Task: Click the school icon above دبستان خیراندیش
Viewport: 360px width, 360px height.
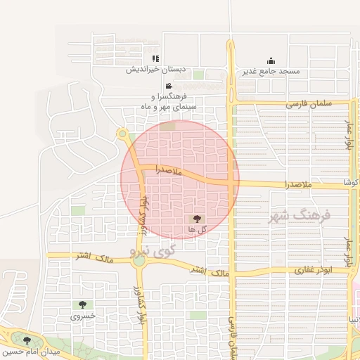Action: pos(155,59)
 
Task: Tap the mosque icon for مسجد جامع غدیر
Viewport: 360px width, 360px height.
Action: pos(271,61)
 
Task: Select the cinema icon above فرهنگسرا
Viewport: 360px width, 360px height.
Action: pos(169,86)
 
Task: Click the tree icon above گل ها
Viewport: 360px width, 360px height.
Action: pos(197,219)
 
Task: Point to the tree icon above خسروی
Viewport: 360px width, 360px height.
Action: pos(83,305)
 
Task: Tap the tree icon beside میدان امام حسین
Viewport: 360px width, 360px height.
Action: pos(27,340)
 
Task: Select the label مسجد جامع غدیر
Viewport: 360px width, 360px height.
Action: pos(271,72)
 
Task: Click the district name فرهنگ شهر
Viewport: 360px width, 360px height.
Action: pos(299,216)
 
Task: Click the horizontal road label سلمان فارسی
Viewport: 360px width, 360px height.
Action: pos(308,104)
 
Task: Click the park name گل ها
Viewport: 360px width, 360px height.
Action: pos(197,230)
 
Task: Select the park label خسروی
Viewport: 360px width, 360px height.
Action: pos(81,316)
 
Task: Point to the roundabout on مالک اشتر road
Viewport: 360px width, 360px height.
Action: pos(139,260)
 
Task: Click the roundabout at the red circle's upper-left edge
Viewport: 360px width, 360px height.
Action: pos(122,134)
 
